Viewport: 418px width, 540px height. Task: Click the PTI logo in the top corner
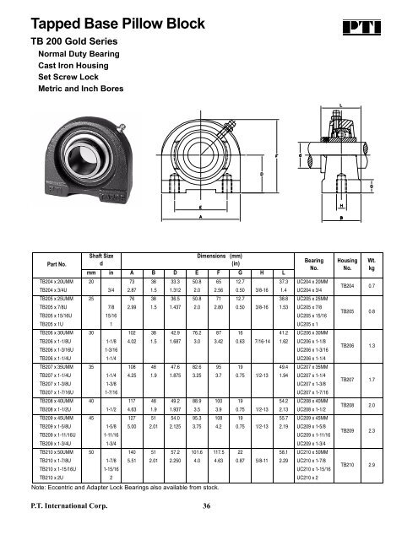pos(388,19)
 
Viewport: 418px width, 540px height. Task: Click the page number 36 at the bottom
pos(205,506)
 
